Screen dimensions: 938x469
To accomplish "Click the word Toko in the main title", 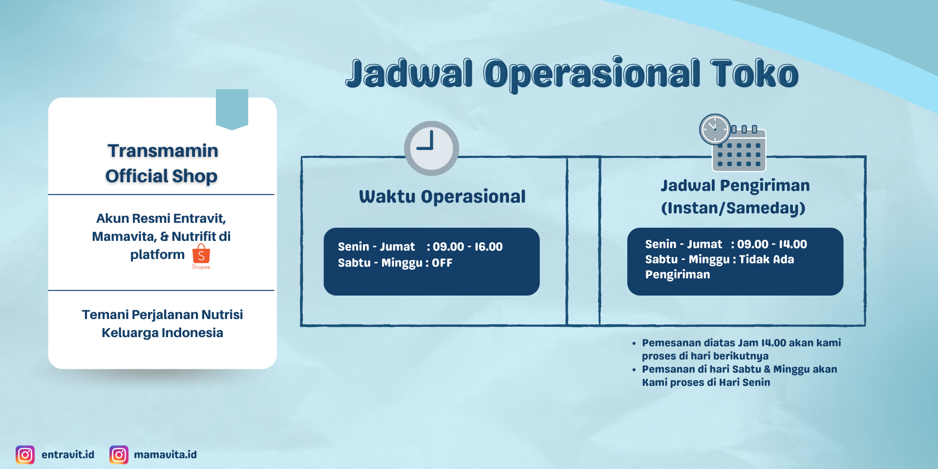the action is (754, 73).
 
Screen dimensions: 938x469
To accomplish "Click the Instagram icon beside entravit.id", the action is (25, 455).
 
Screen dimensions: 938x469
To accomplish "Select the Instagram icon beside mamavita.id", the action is (119, 455).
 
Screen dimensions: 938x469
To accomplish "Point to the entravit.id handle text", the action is (68, 455).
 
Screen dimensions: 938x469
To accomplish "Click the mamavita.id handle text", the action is (165, 455).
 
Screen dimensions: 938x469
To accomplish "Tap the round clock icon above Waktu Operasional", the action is (431, 148).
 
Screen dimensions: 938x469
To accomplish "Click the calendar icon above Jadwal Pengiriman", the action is (733, 143).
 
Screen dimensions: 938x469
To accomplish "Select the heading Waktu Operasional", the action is (442, 196).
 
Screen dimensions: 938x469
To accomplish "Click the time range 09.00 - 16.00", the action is (468, 247).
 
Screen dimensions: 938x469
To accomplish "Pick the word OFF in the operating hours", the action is (442, 263).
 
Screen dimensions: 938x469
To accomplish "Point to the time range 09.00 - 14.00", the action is (772, 244).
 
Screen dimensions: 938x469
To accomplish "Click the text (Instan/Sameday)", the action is (733, 208).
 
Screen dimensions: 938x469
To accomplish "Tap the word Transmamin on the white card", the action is (163, 150).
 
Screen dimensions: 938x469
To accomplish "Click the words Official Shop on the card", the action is (161, 176).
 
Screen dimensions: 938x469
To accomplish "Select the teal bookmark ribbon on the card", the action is (232, 109).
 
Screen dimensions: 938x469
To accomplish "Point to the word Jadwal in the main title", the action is (409, 73).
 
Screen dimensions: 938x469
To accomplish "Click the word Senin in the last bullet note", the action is (756, 383).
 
